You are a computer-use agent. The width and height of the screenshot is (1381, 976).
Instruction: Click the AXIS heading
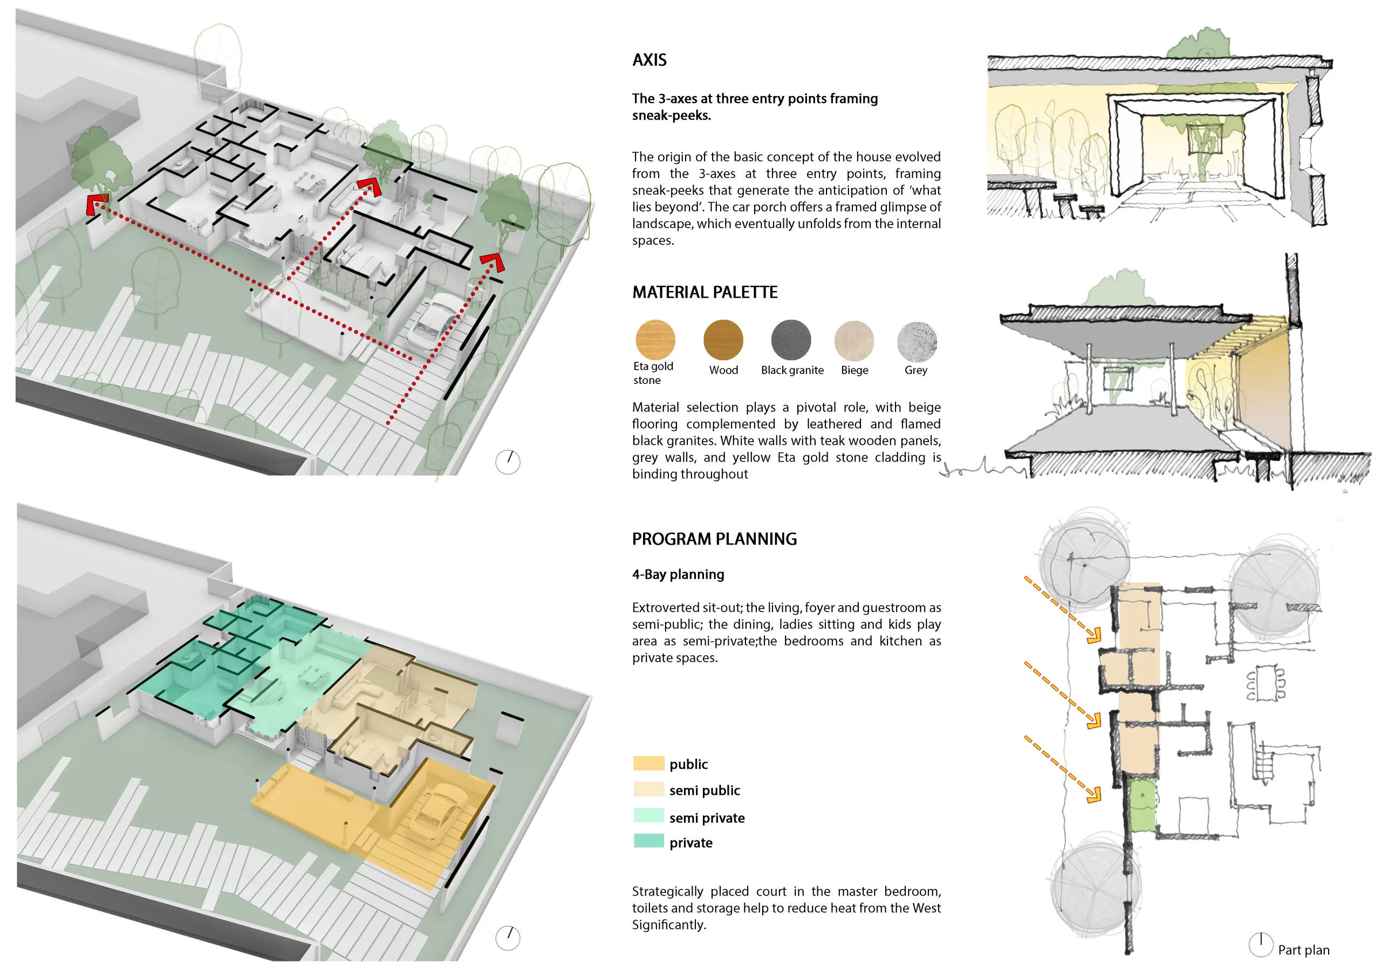(x=649, y=60)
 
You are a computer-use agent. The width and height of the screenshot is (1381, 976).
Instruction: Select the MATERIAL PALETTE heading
(x=705, y=292)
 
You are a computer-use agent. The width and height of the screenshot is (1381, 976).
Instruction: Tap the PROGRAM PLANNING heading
(x=714, y=539)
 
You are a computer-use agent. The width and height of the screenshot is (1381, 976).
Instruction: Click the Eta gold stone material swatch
(x=655, y=340)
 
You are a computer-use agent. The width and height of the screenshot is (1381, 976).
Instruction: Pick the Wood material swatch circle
(x=723, y=340)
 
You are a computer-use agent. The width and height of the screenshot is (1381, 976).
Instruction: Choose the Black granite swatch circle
(x=791, y=340)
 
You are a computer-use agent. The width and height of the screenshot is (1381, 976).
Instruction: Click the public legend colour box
(x=648, y=764)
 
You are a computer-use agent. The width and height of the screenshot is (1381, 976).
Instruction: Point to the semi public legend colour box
(x=648, y=789)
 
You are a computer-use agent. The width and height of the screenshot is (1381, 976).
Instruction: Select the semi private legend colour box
(x=648, y=816)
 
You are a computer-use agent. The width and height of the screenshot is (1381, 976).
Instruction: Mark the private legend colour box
(x=648, y=841)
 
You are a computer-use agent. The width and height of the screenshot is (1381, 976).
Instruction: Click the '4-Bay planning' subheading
(x=678, y=574)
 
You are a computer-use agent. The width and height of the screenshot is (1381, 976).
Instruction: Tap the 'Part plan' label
(x=1303, y=950)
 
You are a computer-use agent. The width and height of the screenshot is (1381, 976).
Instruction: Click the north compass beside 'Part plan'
(x=1261, y=945)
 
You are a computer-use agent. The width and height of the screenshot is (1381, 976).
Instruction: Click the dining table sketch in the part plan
(x=1266, y=682)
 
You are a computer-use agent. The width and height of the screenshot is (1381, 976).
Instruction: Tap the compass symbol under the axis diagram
(x=508, y=462)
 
